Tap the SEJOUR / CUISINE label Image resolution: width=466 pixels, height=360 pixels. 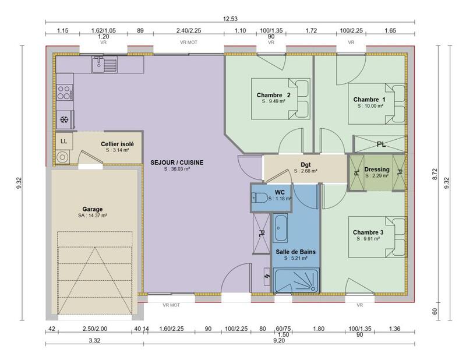176,163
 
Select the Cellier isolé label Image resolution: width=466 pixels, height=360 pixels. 117,143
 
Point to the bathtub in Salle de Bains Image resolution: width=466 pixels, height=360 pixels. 280,228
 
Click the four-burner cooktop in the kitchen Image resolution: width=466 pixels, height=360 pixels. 64,91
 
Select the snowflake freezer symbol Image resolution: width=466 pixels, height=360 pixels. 65,120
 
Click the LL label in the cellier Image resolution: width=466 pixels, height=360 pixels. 63,141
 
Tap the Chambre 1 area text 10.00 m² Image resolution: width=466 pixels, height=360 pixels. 369,107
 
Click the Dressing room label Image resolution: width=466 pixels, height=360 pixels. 376,170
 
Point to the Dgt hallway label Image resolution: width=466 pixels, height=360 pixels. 305,165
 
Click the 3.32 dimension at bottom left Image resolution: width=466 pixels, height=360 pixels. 93,340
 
